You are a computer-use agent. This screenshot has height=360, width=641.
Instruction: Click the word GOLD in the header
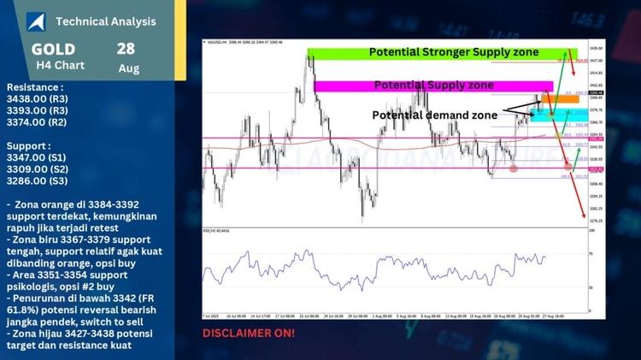(x=54, y=50)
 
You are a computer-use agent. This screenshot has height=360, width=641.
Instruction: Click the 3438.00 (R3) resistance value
(x=36, y=98)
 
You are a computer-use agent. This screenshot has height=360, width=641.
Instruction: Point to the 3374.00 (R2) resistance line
(x=36, y=122)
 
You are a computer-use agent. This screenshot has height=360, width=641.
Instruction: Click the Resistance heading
(x=34, y=86)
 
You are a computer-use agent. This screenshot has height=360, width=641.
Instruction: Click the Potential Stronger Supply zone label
(x=453, y=52)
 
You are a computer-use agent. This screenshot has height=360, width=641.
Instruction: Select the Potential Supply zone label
(x=433, y=86)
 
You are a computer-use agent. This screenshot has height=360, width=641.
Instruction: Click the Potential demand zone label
(x=434, y=115)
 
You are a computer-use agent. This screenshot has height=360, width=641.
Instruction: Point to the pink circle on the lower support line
(x=513, y=168)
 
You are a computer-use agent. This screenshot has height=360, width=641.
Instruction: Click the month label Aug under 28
(x=129, y=68)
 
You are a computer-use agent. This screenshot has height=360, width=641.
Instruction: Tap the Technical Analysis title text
(x=105, y=21)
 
